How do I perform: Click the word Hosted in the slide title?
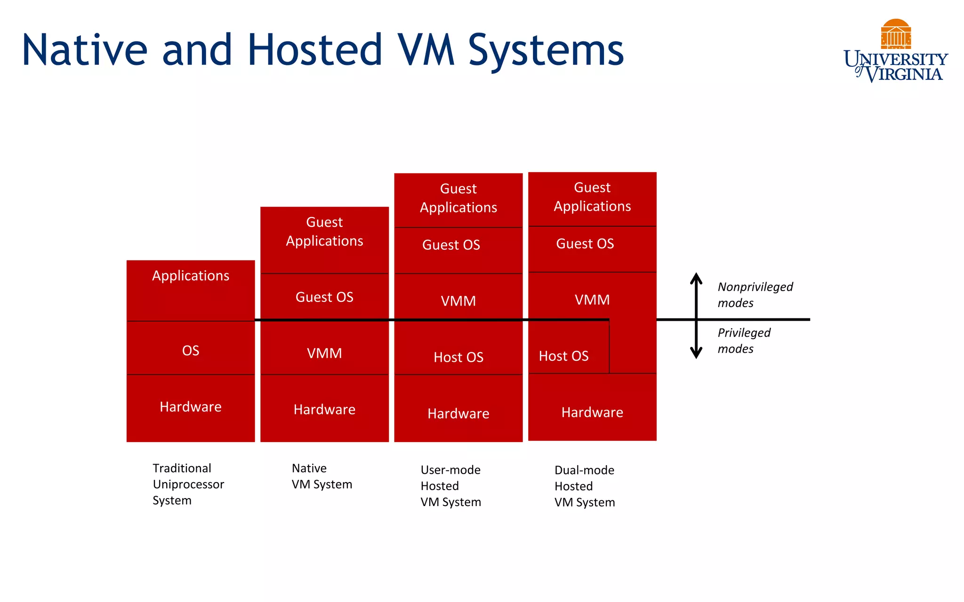tap(314, 50)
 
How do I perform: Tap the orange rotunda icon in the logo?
tap(895, 34)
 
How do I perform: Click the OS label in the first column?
tap(191, 351)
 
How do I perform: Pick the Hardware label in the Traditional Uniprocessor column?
tap(191, 407)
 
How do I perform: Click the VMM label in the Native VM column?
tap(324, 354)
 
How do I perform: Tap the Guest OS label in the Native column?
tap(324, 297)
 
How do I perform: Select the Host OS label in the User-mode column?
tap(458, 357)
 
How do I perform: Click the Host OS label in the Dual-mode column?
tap(563, 356)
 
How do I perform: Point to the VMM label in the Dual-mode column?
tap(592, 300)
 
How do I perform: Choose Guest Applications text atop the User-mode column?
tap(458, 198)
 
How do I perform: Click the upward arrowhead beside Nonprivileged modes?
tap(696, 277)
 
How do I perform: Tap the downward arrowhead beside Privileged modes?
tap(696, 354)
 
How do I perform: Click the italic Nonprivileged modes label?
tap(755, 295)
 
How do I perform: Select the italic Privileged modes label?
tap(744, 341)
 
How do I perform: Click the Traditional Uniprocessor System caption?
tap(188, 484)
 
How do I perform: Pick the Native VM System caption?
tap(321, 476)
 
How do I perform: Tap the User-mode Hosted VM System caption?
tap(450, 486)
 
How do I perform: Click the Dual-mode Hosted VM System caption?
tap(584, 486)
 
